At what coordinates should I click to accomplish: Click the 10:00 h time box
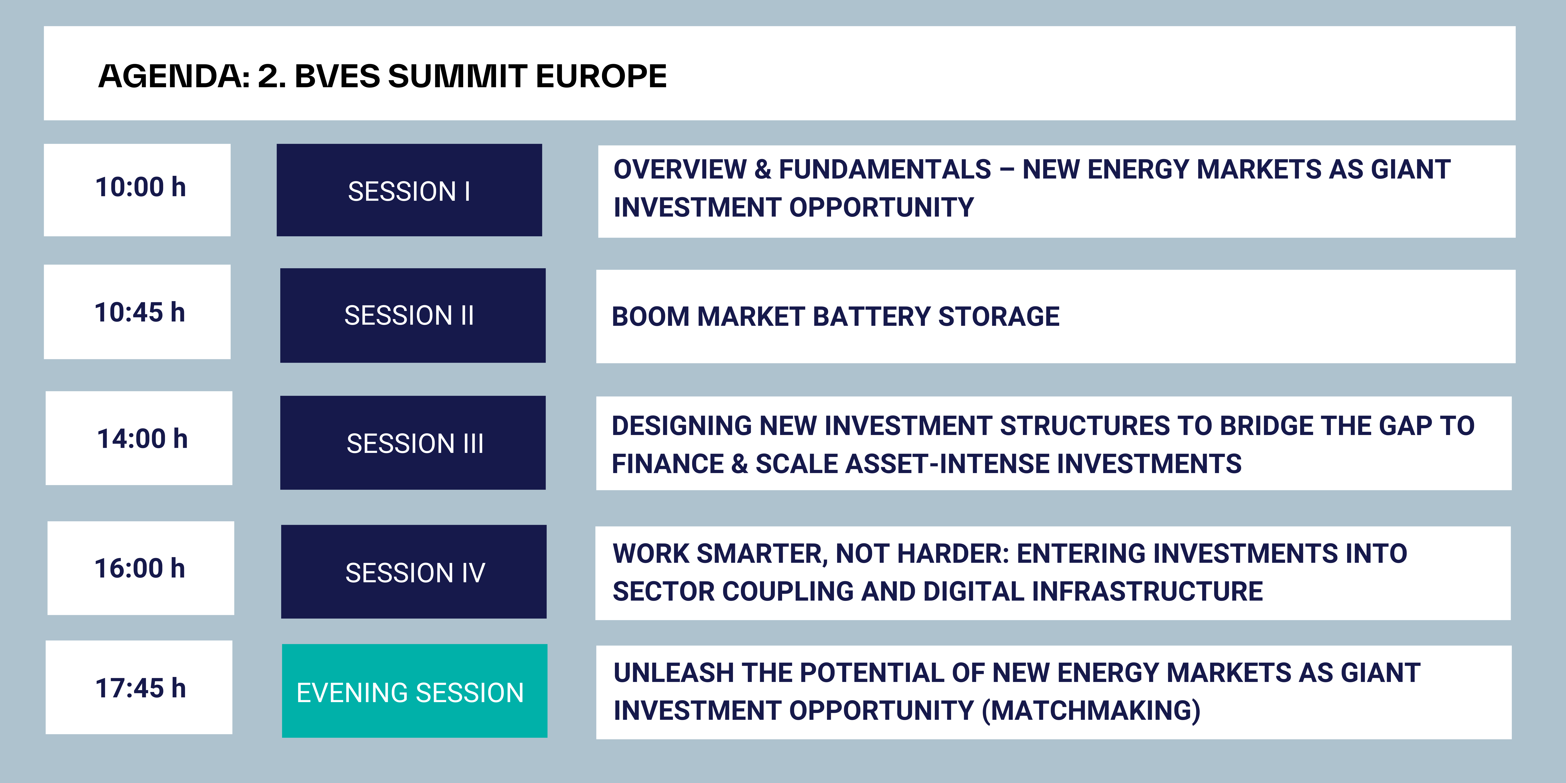click(x=137, y=190)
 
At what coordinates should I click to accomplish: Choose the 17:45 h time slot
click(x=139, y=687)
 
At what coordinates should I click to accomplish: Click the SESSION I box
click(x=409, y=190)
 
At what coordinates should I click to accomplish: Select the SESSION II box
click(x=413, y=316)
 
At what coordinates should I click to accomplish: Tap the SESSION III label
click(x=415, y=443)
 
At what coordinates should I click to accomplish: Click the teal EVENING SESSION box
click(x=415, y=691)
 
